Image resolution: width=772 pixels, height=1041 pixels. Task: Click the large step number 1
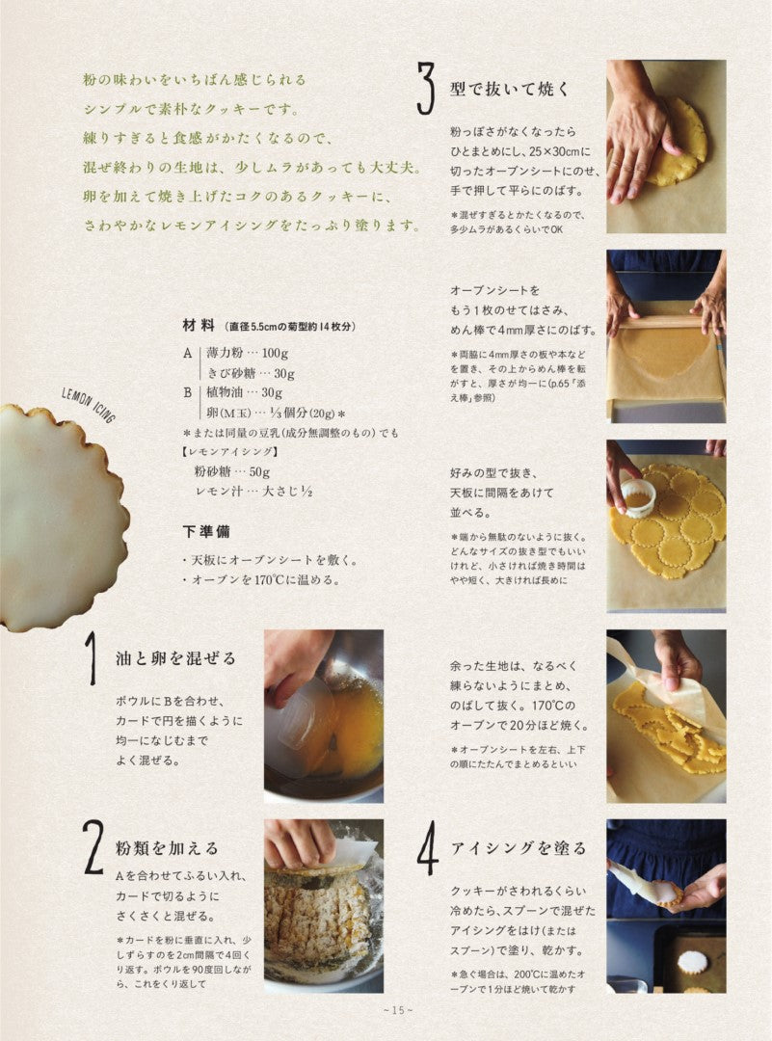pos(90,658)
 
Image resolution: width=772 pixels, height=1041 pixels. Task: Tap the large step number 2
pos(93,847)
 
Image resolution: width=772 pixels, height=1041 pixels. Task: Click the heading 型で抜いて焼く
pos(510,90)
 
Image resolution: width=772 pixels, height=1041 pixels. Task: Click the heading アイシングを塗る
pos(519,848)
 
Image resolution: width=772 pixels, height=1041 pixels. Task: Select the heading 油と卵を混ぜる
pos(175,658)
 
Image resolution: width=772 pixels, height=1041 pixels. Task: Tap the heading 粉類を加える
pos(168,848)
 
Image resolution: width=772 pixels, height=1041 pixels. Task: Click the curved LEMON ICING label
pos(88,404)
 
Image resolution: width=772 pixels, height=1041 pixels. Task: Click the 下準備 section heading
pos(206,531)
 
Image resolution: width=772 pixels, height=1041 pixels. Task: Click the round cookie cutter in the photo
pos(638,496)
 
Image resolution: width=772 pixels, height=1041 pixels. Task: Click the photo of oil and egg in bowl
pos(324,714)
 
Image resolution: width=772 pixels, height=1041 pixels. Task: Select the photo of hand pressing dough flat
pos(666,147)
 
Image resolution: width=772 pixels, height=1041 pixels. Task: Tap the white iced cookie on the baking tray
pos(692,961)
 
